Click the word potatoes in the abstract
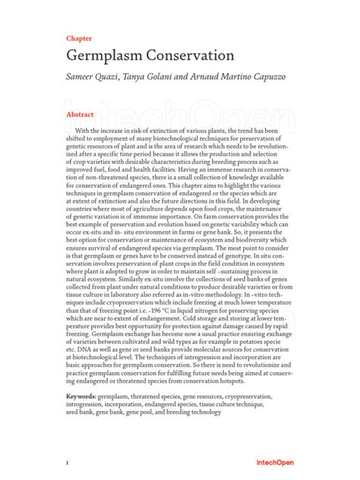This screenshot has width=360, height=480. point(261,343)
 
